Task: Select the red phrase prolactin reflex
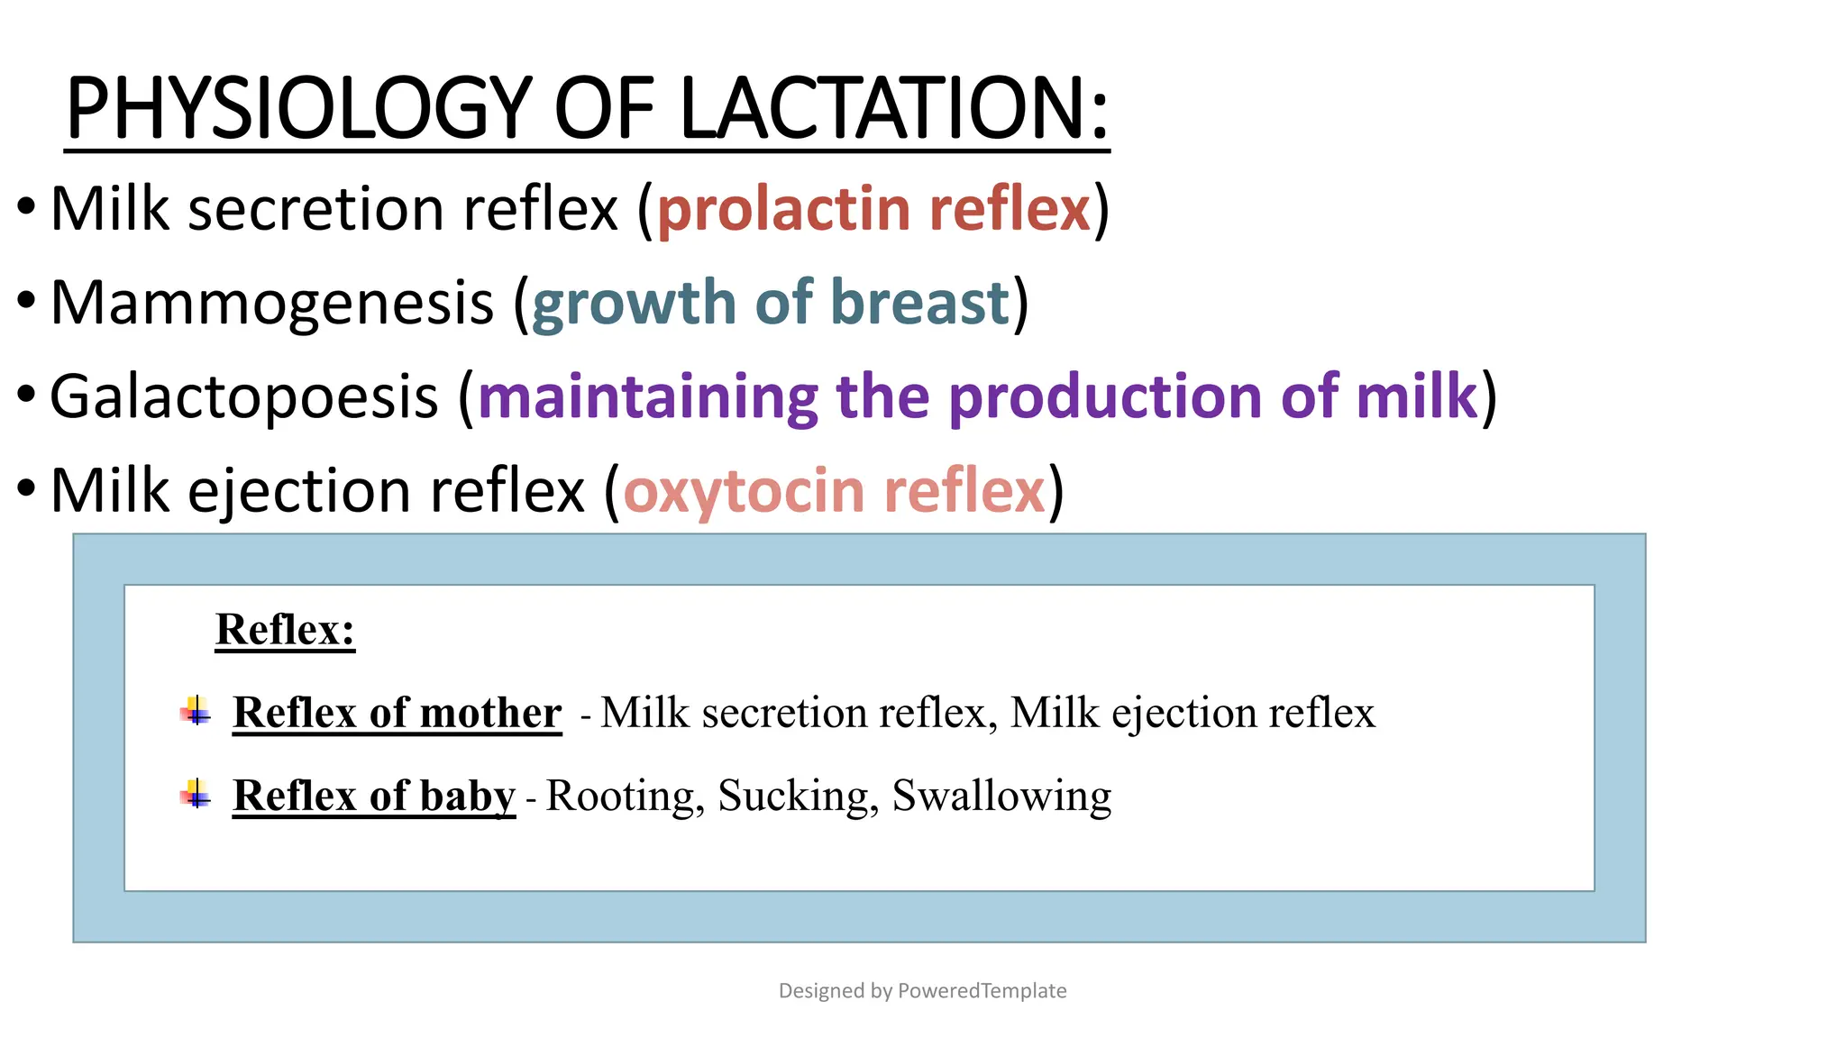coord(873,209)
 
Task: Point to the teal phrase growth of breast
coord(771,303)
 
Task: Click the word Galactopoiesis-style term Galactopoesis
coord(243,396)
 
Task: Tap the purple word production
coord(1105,396)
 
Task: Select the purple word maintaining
coord(647,396)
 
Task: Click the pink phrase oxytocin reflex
coord(834,491)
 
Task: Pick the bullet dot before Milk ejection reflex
coord(26,487)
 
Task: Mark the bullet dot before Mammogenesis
coord(26,299)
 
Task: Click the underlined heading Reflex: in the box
coord(285,629)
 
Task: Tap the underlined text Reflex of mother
coord(397,713)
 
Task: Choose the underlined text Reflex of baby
coord(373,796)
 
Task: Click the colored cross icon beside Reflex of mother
coord(196,711)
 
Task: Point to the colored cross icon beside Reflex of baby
coord(196,794)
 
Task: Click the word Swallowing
coord(1001,796)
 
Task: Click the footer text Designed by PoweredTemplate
coord(922,990)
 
